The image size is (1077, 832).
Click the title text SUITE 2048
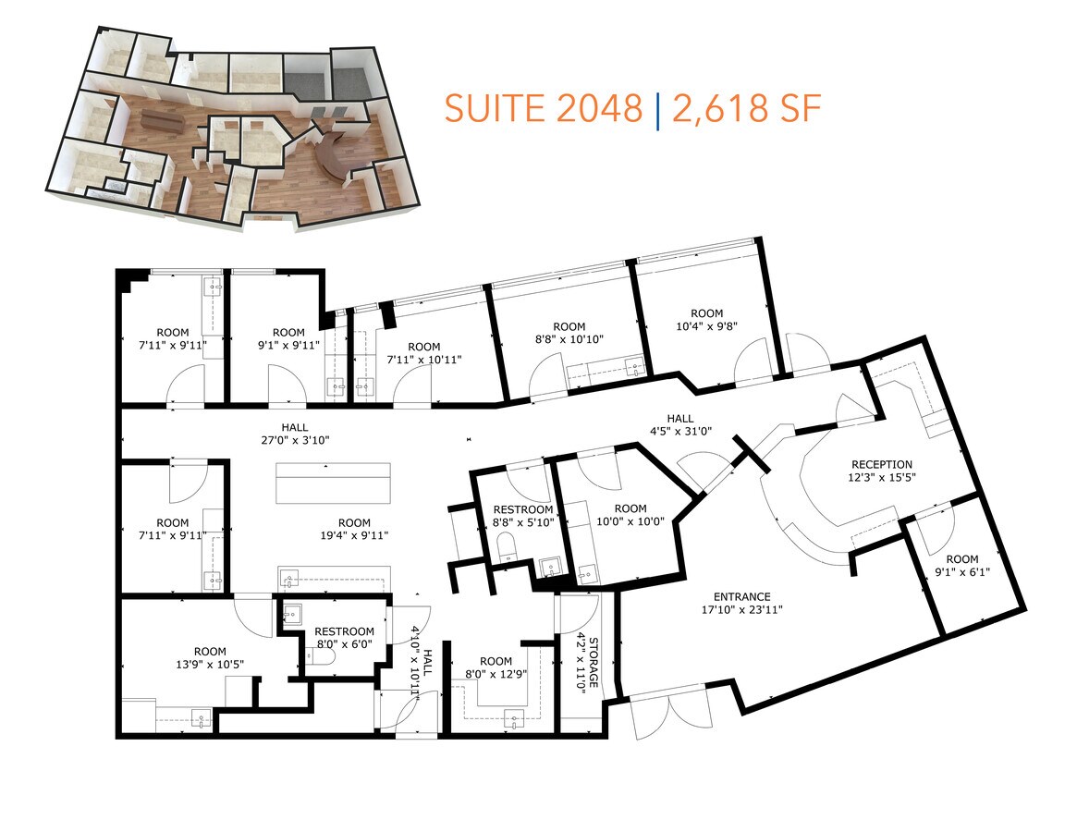click(x=543, y=109)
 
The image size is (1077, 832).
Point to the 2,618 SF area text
click(x=746, y=109)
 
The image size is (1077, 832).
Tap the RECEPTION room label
click(x=881, y=465)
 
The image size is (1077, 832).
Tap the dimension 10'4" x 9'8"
click(x=706, y=326)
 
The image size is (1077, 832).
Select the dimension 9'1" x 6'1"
click(x=961, y=571)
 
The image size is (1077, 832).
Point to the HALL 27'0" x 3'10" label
click(x=294, y=434)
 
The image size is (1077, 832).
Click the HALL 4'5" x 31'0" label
click(x=686, y=424)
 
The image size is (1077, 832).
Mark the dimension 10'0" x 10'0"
click(x=630, y=521)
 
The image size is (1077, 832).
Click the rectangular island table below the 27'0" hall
click(x=333, y=482)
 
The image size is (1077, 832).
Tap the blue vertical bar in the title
click(x=657, y=109)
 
